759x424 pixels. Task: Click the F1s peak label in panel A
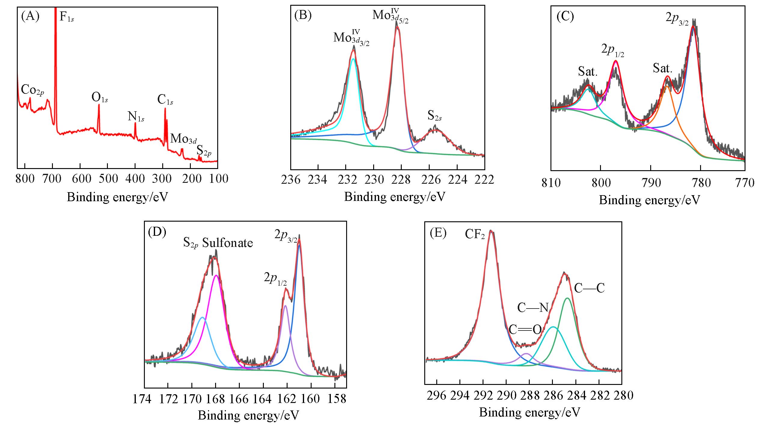66,17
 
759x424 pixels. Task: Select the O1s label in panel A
99,98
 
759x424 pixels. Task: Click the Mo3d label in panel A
183,139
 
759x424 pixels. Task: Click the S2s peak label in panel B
434,116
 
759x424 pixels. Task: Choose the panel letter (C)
565,17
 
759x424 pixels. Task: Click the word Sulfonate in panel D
227,243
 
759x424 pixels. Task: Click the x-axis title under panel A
117,197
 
